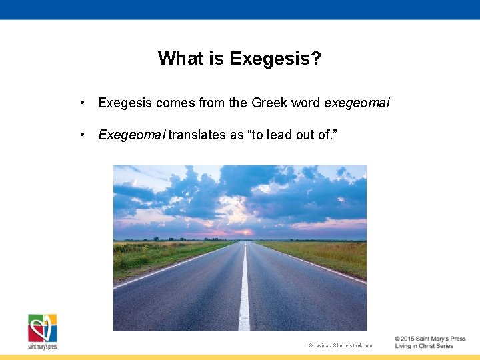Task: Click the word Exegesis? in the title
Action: [x=275, y=59]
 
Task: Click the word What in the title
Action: [x=180, y=59]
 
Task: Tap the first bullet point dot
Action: [x=81, y=103]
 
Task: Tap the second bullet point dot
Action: [x=81, y=135]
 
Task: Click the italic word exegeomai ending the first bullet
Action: [x=357, y=103]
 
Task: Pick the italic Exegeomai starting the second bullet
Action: [x=131, y=135]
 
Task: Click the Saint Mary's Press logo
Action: [x=42, y=331]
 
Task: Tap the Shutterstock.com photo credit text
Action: [x=341, y=345]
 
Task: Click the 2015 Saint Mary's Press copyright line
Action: [x=429, y=339]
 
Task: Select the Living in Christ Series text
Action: [x=424, y=347]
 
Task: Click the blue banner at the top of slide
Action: [x=240, y=9]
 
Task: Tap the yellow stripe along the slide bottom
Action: [x=240, y=357]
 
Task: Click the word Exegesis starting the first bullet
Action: [x=125, y=103]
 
